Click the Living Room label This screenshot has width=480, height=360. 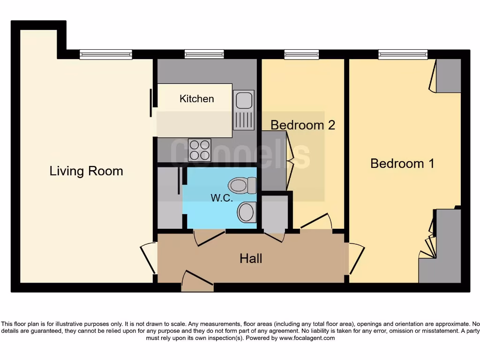pyautogui.click(x=86, y=171)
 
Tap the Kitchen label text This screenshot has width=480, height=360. pyautogui.click(x=197, y=99)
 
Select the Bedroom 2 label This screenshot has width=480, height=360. pyautogui.click(x=303, y=125)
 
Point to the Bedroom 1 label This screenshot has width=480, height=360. pyautogui.click(x=402, y=164)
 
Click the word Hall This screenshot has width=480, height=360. pyautogui.click(x=251, y=259)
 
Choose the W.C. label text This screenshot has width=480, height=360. pyautogui.click(x=221, y=198)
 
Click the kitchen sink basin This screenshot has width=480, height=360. pyautogui.click(x=243, y=100)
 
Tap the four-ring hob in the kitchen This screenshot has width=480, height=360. pyautogui.click(x=199, y=150)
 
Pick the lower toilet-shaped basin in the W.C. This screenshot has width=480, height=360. pyautogui.click(x=247, y=212)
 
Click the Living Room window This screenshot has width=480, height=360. pyautogui.click(x=105, y=54)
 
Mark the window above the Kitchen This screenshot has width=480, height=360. pyautogui.click(x=204, y=54)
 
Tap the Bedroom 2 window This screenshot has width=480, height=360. pyautogui.click(x=301, y=54)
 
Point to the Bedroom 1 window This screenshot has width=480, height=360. pyautogui.click(x=403, y=54)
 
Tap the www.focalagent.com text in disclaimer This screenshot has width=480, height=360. pyautogui.click(x=307, y=338)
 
